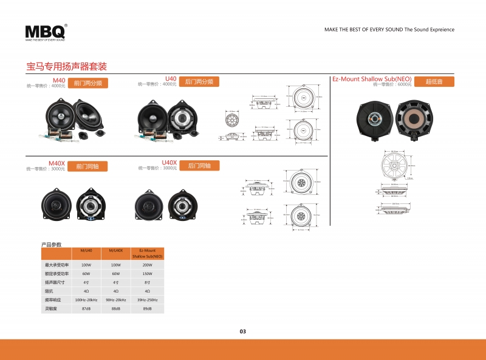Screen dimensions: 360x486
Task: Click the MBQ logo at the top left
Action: tap(46, 32)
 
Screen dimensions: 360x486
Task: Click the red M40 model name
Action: tap(59, 80)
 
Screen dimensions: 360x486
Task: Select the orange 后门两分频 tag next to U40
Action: tap(199, 81)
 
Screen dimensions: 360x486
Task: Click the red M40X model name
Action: tap(56, 163)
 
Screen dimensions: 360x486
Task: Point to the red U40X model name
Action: tap(169, 163)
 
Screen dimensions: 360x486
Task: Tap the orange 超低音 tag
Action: tap(434, 81)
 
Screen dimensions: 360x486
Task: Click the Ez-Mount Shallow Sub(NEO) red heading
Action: tap(372, 80)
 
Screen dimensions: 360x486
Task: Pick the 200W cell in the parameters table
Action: tap(148, 265)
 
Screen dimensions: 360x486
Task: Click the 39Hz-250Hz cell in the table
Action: tap(148, 300)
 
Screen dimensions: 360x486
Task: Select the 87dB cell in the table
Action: tap(86, 309)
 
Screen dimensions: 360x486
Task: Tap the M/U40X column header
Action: tap(116, 250)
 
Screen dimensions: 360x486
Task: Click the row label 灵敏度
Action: tap(52, 309)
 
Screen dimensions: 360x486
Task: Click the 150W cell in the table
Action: tap(148, 274)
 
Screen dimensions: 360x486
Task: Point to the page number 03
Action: tap(243, 331)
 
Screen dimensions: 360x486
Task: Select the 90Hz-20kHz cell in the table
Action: tap(116, 300)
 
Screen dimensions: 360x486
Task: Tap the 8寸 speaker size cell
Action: tap(148, 282)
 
